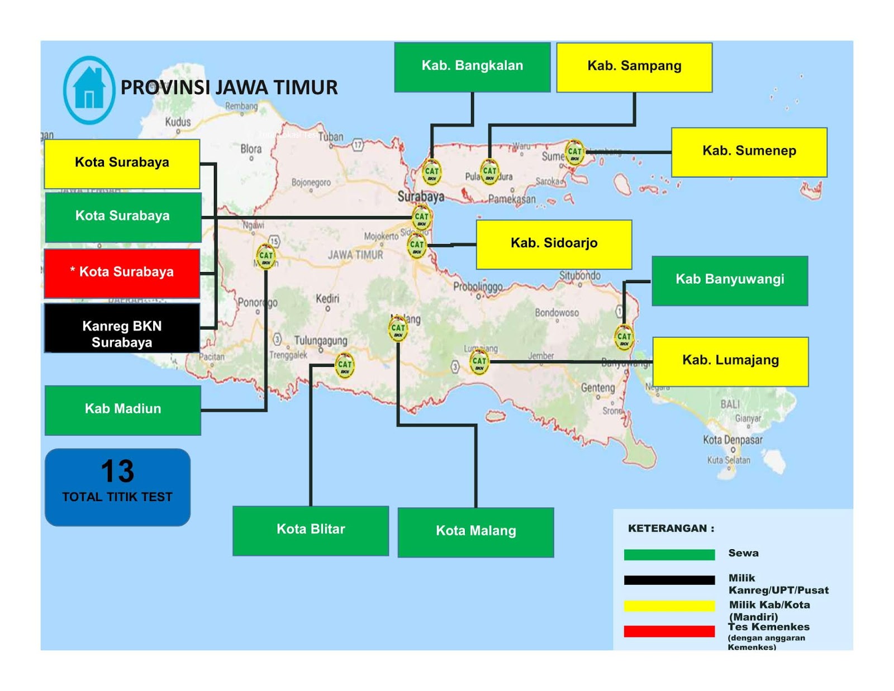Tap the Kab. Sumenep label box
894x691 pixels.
pos(749,152)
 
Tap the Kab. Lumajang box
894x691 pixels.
pos(730,361)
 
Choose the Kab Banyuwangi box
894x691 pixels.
pos(730,280)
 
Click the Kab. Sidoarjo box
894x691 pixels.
pos(554,244)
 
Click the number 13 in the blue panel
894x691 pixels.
pos(117,471)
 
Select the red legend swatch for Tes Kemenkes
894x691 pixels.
pos(669,631)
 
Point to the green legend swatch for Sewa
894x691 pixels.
pos(669,555)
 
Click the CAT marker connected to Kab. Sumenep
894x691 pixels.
pos(574,152)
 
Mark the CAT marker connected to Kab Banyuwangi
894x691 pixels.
pos(624,337)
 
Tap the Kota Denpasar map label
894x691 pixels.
pos(732,440)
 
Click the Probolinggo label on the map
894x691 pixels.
pos(478,287)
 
